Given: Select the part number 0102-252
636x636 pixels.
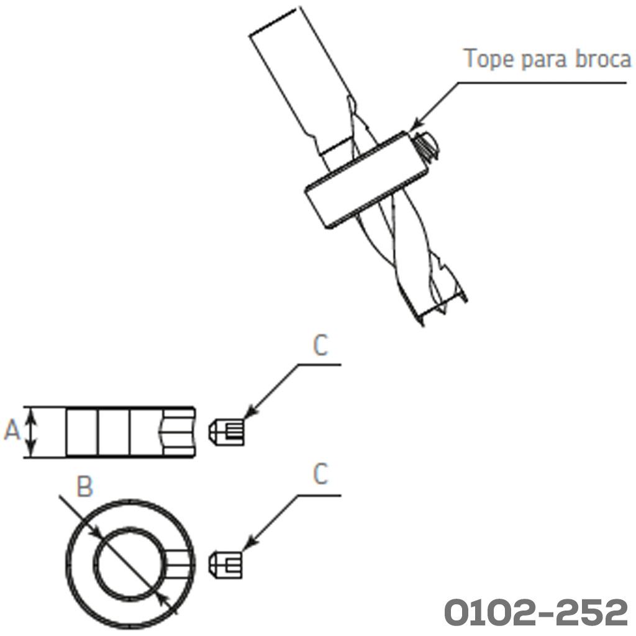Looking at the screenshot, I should point(536,613).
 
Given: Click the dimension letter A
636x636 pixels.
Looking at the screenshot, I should point(12,431).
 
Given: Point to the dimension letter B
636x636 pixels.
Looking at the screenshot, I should point(84,487).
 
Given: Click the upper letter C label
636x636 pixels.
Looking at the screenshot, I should point(320,347).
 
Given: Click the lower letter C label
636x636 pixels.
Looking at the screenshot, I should point(320,475).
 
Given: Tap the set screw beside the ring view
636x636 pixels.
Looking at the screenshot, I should point(227,564).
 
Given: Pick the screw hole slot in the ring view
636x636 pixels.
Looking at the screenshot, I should point(180,564).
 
